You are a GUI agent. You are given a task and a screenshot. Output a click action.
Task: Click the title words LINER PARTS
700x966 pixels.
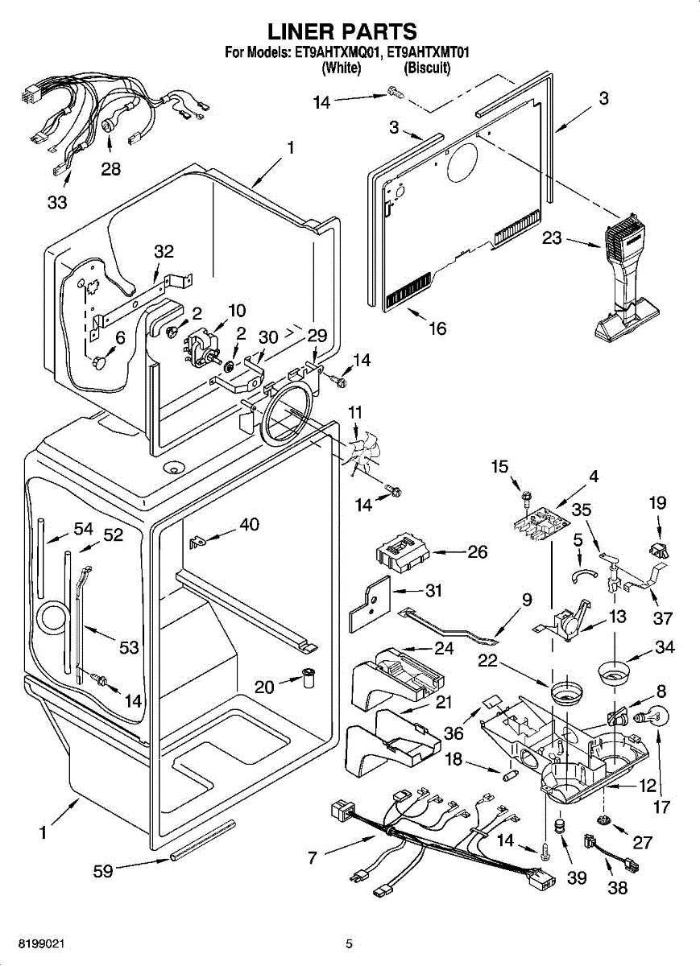click(342, 31)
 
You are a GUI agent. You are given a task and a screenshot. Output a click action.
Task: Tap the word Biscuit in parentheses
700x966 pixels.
click(427, 68)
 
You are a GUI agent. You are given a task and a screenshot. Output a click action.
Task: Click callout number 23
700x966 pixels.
click(552, 240)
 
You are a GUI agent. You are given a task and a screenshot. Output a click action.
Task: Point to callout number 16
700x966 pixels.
click(437, 328)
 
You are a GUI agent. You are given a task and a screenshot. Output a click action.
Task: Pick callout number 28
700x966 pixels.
click(110, 169)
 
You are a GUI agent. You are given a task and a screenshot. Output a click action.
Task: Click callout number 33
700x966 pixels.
click(56, 202)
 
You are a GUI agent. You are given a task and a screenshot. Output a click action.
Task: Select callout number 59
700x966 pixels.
click(102, 870)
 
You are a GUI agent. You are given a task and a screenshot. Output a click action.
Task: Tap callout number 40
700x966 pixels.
click(249, 525)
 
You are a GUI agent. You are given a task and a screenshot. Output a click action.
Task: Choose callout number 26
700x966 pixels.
click(478, 552)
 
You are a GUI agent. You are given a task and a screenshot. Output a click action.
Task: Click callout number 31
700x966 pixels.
click(433, 591)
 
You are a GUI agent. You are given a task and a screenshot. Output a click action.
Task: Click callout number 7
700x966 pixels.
click(312, 858)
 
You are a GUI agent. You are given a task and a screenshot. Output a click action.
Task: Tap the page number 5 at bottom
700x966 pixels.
click(349, 943)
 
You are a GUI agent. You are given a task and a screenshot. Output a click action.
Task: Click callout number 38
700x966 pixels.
click(617, 888)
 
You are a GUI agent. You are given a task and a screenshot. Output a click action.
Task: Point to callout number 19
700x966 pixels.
click(657, 503)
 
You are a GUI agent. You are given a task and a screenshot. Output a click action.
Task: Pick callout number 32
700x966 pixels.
click(164, 252)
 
